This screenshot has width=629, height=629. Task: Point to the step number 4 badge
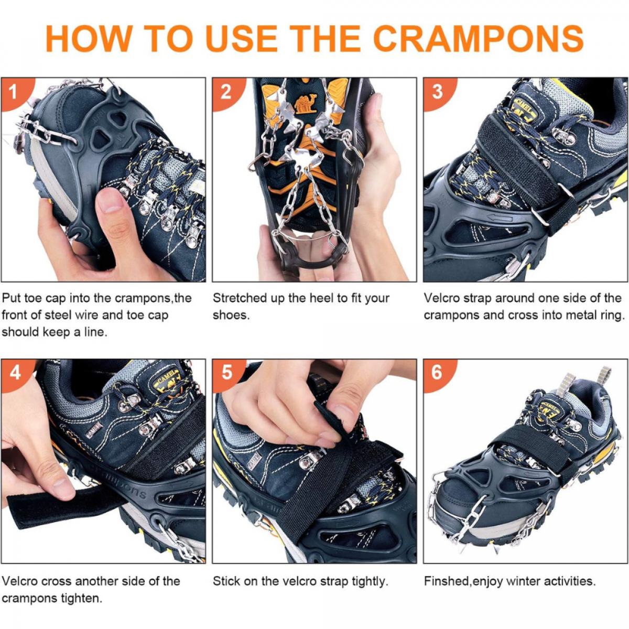(15, 373)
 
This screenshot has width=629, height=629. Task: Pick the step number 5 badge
(226, 373)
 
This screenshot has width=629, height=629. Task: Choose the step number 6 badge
(437, 373)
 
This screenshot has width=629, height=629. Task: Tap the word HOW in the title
(89, 38)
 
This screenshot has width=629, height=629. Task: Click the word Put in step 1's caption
(11, 298)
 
